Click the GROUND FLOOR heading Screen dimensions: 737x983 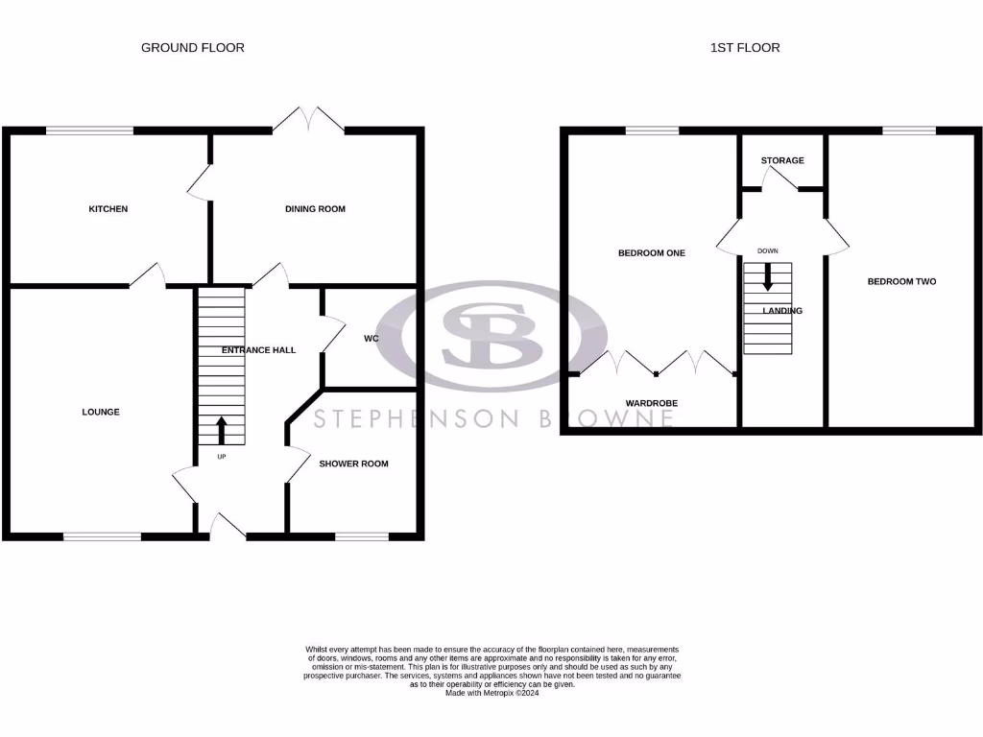(x=192, y=47)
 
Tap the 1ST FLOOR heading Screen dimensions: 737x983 (x=745, y=47)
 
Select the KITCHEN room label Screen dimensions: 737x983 (x=108, y=209)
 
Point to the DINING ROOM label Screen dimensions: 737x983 (x=315, y=209)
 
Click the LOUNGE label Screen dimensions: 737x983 (x=101, y=413)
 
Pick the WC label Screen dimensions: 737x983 (x=372, y=339)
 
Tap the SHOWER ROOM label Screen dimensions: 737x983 (x=353, y=464)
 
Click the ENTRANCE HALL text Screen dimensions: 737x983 (x=258, y=350)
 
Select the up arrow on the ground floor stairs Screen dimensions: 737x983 (x=222, y=430)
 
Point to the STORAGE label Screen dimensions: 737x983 (x=782, y=160)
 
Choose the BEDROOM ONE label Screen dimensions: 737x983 (x=652, y=253)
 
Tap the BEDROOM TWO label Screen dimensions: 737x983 (x=901, y=281)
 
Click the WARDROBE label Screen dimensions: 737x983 (x=652, y=404)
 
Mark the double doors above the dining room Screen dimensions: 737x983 (x=308, y=119)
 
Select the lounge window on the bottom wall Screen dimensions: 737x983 (x=102, y=536)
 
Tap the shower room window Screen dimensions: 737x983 (x=362, y=536)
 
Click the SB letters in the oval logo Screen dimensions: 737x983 (x=491, y=337)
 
